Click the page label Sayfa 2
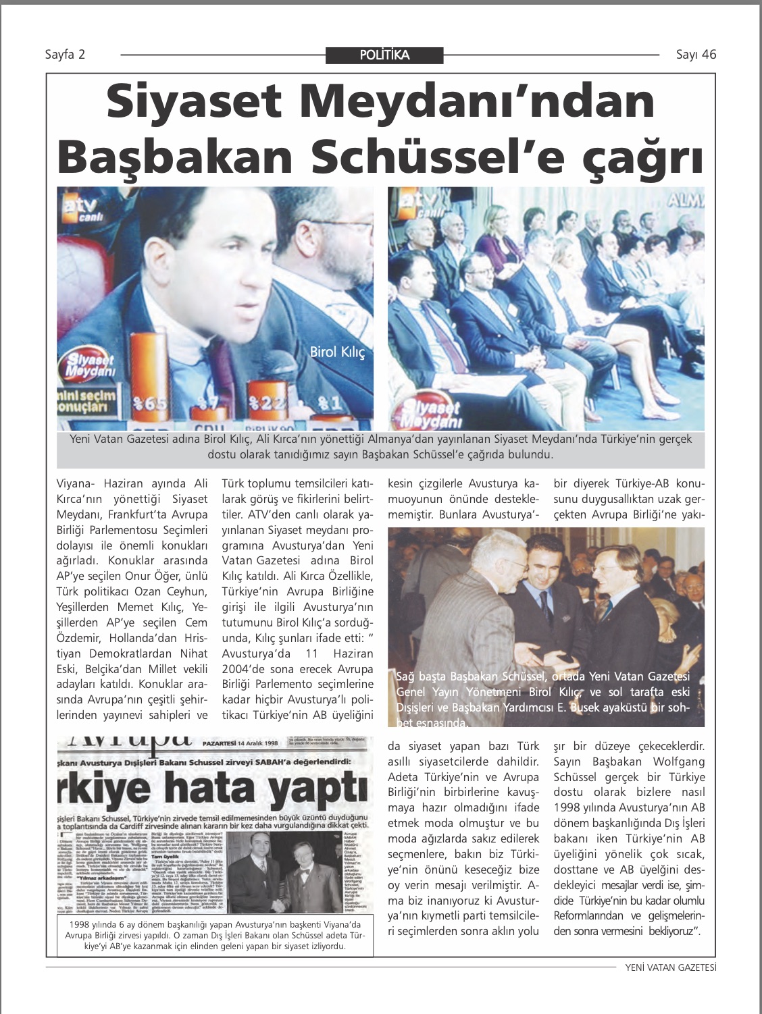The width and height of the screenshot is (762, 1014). [x=65, y=55]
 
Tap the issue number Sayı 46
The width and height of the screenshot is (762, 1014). [x=696, y=55]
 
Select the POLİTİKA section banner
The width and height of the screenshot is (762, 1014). [x=384, y=55]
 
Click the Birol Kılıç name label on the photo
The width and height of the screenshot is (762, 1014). [x=337, y=352]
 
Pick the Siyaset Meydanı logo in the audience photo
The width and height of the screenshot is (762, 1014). [x=430, y=412]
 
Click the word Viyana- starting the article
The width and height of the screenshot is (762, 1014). [x=75, y=483]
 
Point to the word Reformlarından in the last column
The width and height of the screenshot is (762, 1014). [x=592, y=916]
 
